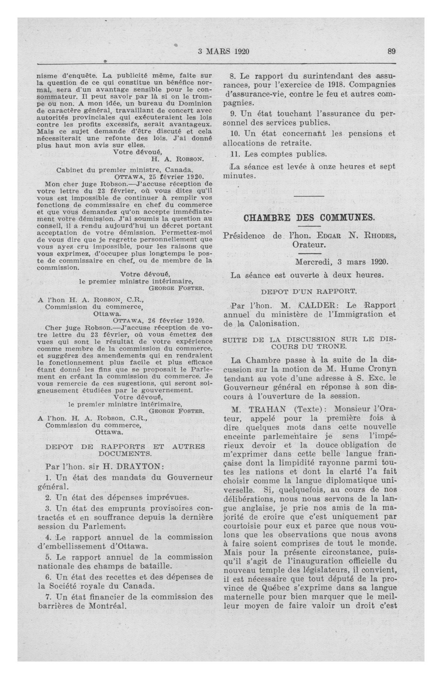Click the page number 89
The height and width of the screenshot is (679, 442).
coord(391,51)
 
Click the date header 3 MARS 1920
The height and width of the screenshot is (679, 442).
coord(224,52)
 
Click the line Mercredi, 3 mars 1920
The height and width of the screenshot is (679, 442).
coord(342,262)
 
